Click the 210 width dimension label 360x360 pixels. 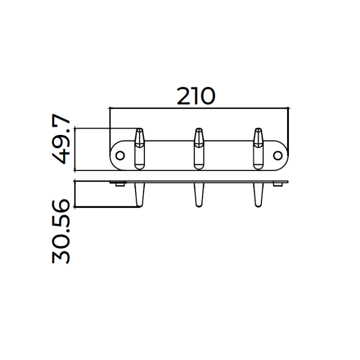(196, 96)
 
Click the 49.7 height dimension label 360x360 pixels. (61, 138)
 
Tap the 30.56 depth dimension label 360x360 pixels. (61, 232)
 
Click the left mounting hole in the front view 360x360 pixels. (120, 155)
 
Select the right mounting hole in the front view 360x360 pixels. (278, 155)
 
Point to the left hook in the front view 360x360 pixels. (139, 149)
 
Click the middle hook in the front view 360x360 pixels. (199, 149)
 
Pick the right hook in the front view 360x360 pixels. (258, 149)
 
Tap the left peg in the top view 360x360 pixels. (139, 195)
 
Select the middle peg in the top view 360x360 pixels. (199, 195)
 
